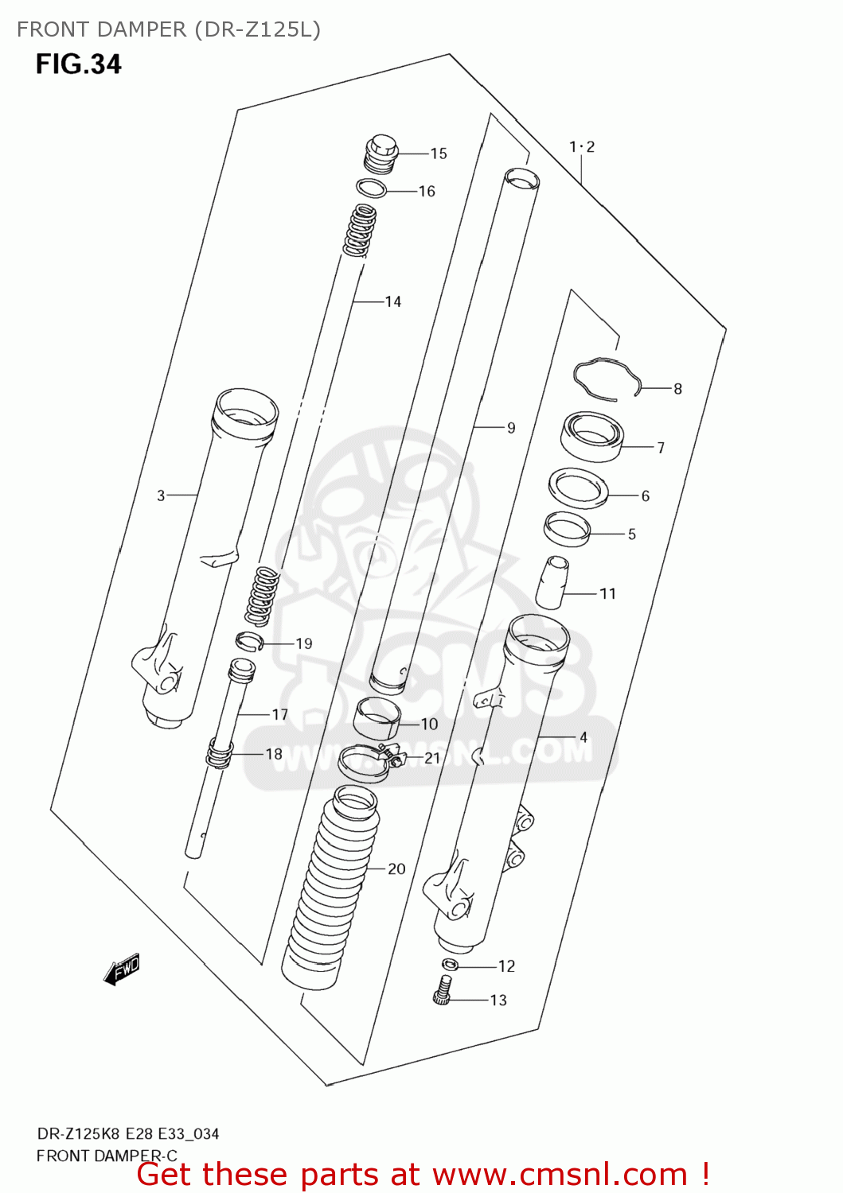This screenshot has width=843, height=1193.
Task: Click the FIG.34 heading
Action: point(78,64)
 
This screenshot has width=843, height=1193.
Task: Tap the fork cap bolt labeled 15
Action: point(380,153)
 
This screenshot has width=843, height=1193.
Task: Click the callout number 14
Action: point(392,301)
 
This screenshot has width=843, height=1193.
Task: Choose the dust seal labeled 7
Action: point(591,437)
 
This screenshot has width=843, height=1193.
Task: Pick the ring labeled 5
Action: point(567,528)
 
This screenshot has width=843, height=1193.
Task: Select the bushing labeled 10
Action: point(376,718)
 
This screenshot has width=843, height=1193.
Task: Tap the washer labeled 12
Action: point(449,965)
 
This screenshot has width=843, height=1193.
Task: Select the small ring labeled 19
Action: point(248,641)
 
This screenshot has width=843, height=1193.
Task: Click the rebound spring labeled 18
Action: point(220,753)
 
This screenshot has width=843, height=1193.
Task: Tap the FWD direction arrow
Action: point(122,970)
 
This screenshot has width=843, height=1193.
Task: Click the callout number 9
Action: point(511,428)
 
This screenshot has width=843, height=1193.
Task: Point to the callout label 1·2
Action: point(582,146)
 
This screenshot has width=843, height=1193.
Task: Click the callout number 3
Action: point(161,495)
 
